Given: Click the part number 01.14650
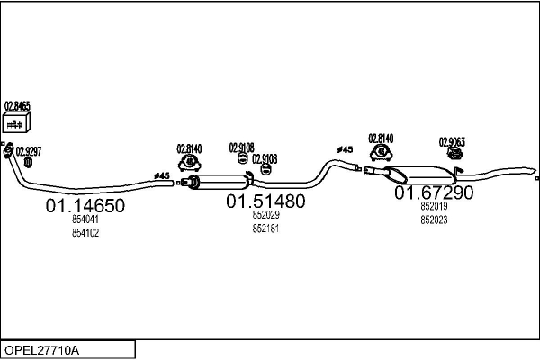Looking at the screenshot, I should tap(85, 206).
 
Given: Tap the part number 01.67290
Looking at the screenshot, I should tap(434, 193).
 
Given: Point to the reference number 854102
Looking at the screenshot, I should tap(85, 232).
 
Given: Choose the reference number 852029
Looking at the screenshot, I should tap(265, 215).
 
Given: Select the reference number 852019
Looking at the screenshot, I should tap(434, 206).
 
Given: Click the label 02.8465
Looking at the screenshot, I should tap(18, 105).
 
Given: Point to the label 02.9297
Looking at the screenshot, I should tap(28, 149).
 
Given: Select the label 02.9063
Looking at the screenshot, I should tap(453, 141).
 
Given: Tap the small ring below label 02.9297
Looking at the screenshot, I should tap(28, 163).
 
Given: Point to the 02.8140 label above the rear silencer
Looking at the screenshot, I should tap(381, 139).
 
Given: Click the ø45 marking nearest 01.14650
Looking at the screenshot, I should tap(162, 176).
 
